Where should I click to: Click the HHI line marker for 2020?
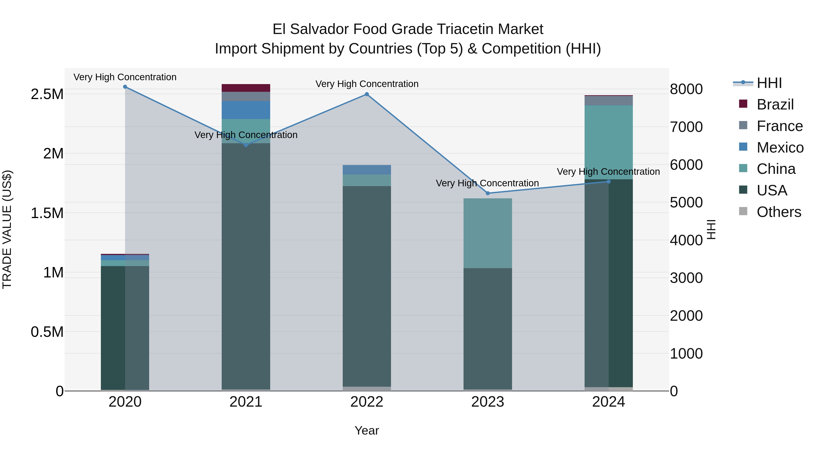(x=125, y=87)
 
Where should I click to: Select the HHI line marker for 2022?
(x=367, y=94)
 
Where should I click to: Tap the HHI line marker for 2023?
(x=488, y=193)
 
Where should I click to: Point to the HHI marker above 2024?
(x=609, y=182)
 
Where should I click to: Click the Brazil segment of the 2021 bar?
(x=246, y=88)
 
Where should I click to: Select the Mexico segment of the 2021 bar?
(x=246, y=110)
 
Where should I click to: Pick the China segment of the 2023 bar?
(x=488, y=233)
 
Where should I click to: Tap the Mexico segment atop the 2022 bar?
(x=367, y=170)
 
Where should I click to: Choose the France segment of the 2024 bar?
(x=609, y=100)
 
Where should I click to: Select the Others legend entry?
(x=779, y=212)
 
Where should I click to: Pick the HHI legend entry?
(x=769, y=83)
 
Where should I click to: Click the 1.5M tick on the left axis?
(x=47, y=213)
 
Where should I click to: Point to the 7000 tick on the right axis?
(x=686, y=127)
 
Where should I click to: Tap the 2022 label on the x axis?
(x=367, y=402)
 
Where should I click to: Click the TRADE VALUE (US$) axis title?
(x=7, y=229)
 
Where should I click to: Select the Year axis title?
(x=367, y=430)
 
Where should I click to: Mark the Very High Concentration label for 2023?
(x=487, y=183)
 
